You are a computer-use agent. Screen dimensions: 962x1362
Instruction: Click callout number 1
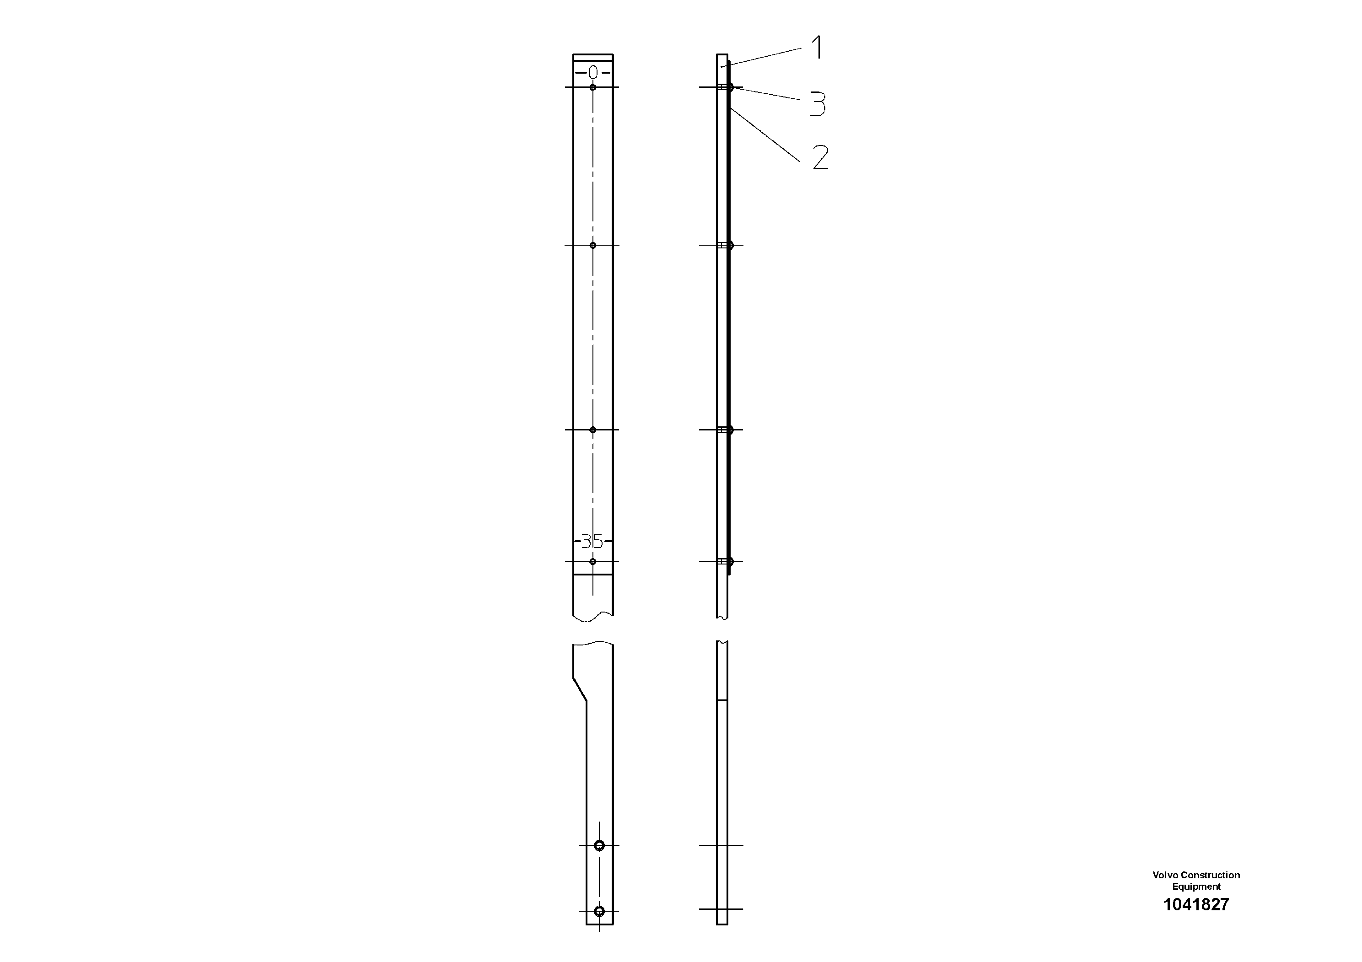[x=818, y=48]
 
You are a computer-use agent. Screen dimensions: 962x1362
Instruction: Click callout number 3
[x=818, y=104]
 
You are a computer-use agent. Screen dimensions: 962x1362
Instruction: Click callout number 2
[x=820, y=158]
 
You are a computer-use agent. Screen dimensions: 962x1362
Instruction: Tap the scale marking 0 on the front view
[x=592, y=73]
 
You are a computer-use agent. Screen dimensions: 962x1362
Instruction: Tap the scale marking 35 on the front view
[x=592, y=541]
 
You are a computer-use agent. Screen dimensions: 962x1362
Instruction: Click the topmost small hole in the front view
[x=592, y=88]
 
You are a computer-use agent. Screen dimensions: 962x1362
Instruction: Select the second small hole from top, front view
[x=592, y=245]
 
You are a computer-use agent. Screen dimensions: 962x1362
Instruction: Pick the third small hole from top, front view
[x=592, y=430]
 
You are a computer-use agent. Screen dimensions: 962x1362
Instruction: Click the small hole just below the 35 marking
[x=592, y=561]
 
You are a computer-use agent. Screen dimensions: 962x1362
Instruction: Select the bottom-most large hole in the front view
[x=599, y=910]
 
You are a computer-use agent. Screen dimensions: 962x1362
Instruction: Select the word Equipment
[x=1196, y=887]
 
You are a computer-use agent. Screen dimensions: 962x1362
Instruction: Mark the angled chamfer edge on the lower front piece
[x=580, y=689]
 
